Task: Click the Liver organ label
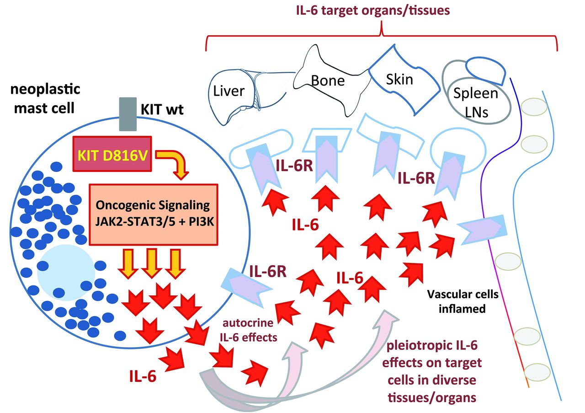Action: [229, 91]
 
